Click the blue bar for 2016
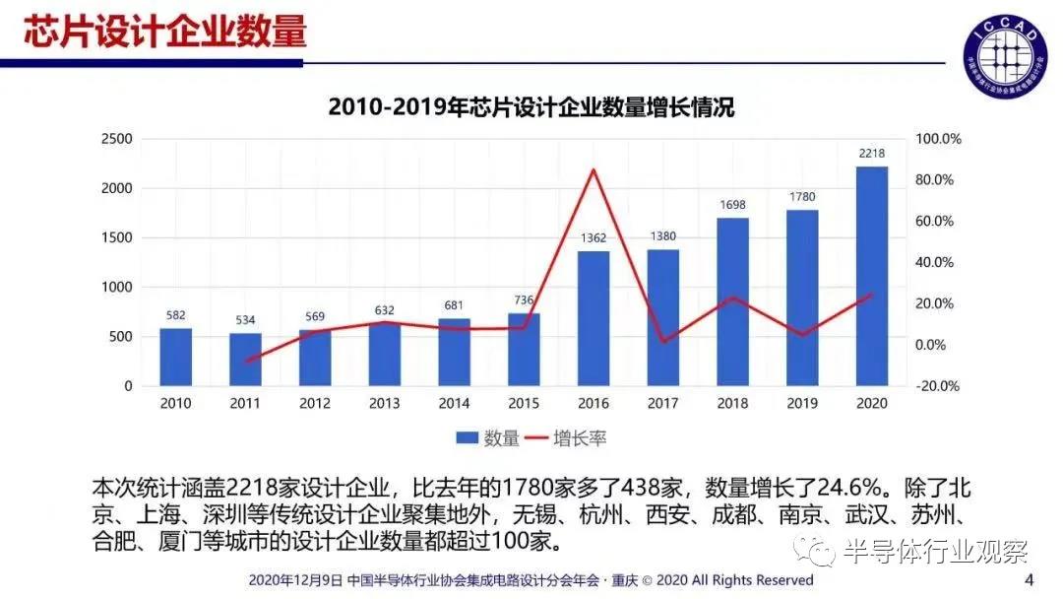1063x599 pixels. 594,318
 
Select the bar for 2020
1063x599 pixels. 872,276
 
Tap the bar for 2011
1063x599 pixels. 246,360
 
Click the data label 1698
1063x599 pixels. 732,205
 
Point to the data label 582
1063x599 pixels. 175,315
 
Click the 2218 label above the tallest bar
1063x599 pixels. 872,153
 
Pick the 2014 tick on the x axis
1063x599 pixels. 454,403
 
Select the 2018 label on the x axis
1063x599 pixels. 732,403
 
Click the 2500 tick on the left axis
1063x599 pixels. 116,139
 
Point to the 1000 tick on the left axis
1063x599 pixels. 116,288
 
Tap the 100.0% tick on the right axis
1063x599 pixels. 938,139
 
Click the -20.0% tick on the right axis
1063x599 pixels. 938,386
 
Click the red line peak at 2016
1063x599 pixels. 594,170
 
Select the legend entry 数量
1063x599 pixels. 488,438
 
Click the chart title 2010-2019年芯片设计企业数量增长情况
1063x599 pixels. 531,107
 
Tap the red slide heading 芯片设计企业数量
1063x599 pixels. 165,32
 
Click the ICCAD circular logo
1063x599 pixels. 1003,50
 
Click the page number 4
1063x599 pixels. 1030,578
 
